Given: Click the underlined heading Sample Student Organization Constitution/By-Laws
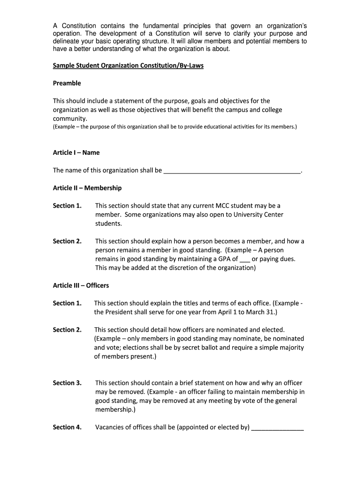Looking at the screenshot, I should (x=128, y=66).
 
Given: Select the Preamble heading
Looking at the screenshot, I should (x=67, y=83).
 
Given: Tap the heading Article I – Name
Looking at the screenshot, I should (x=76, y=152).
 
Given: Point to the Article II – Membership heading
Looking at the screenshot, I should (x=87, y=188).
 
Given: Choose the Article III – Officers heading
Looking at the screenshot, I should (x=81, y=285).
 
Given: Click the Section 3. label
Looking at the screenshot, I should (x=67, y=383).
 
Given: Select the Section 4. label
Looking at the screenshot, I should (x=67, y=427).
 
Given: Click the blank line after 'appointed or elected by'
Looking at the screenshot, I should (x=277, y=428).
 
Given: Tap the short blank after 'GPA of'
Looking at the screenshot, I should (x=245, y=259).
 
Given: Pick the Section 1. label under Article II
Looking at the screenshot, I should (x=67, y=206).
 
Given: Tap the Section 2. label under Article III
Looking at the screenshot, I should (x=67, y=330).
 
